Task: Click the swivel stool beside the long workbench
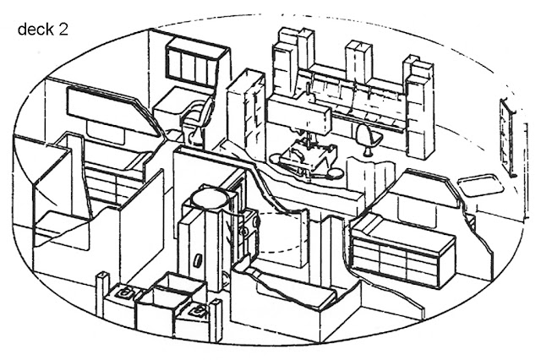(365, 136)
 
